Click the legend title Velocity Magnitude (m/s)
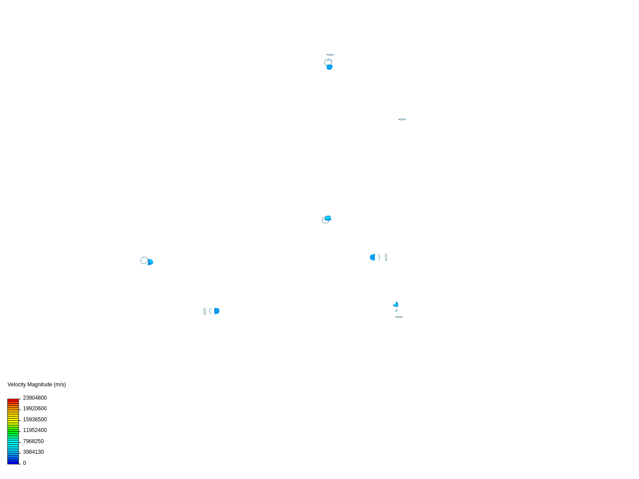coord(36,385)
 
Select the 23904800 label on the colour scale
coord(35,398)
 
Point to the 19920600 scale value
coord(35,408)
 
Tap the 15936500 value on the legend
coord(35,420)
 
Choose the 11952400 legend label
coord(35,430)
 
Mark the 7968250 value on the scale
coord(33,441)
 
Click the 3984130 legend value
coord(33,452)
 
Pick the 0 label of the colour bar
coord(24,463)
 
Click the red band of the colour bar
coord(13,400)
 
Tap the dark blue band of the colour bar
coord(13,462)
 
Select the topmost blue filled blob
coord(330,67)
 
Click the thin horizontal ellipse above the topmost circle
coord(330,55)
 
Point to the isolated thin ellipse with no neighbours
coord(402,119)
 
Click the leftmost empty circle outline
coord(144,260)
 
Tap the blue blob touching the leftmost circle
coord(150,262)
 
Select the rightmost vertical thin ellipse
coord(386,257)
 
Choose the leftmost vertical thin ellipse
coord(205,311)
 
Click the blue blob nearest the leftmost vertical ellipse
coord(217,311)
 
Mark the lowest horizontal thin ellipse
coord(399,317)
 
